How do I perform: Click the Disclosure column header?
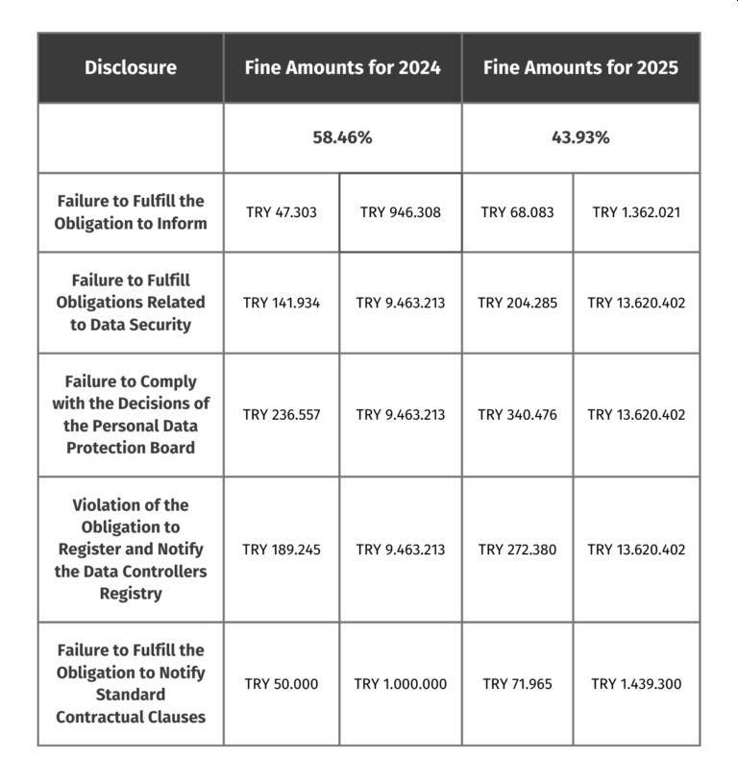click(131, 67)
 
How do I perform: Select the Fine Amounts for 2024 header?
click(342, 67)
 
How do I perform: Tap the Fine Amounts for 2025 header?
click(580, 67)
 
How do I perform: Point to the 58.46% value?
click(342, 137)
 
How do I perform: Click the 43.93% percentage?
click(580, 137)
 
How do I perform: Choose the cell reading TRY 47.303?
click(282, 212)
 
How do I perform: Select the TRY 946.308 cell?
click(401, 212)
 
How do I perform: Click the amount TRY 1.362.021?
click(636, 212)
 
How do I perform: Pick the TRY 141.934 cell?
click(282, 303)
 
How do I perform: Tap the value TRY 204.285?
click(517, 303)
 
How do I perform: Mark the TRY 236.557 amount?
click(282, 415)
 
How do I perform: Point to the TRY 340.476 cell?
click(517, 415)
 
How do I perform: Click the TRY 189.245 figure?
click(282, 550)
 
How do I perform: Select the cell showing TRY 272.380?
click(517, 550)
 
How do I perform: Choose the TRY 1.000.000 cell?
click(401, 684)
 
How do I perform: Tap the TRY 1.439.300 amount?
click(636, 684)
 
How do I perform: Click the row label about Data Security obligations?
click(131, 303)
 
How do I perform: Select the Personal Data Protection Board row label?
click(131, 415)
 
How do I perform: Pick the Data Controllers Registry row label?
click(131, 550)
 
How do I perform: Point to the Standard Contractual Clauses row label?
click(131, 684)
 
